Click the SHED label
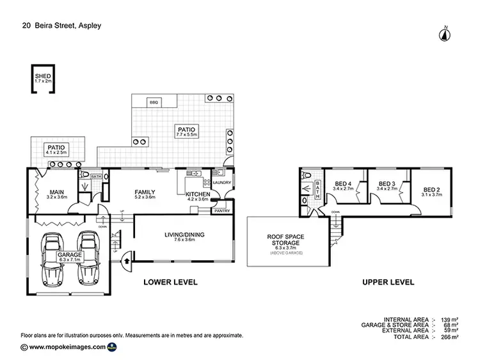[43, 76]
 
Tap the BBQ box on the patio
[154, 103]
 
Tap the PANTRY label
[222, 210]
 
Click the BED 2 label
[432, 190]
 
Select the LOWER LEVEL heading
[170, 281]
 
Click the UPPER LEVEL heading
[388, 281]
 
